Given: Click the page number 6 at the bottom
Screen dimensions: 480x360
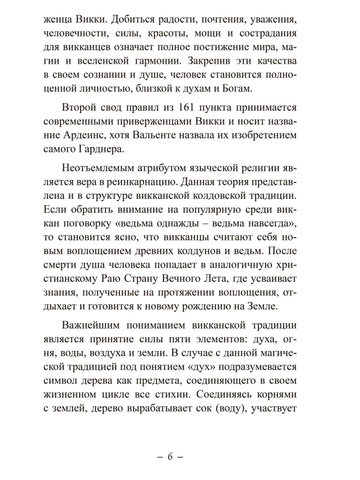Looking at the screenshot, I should click(169, 456).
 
